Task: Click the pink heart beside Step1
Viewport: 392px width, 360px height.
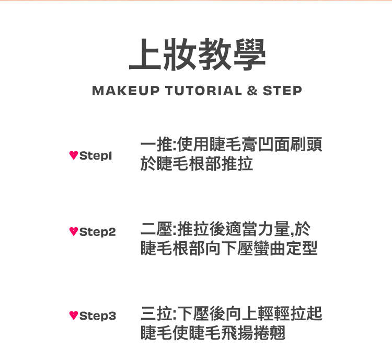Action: pos(74,155)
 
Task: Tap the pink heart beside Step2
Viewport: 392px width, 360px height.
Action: pos(74,232)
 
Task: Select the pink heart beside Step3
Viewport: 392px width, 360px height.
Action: pos(74,315)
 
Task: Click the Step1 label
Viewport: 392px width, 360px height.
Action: pos(96,156)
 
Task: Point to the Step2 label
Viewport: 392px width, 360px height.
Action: pos(98,232)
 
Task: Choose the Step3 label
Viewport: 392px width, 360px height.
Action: pos(98,316)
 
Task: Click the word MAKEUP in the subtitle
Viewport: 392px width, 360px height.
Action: pos(126,91)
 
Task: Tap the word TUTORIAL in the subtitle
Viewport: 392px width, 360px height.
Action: pos(203,91)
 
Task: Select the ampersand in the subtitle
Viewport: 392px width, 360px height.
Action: pos(252,91)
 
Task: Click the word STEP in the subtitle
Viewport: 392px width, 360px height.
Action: pos(282,91)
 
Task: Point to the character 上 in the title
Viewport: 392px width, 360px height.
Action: pos(145,54)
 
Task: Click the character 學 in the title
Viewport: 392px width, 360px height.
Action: pos(249,54)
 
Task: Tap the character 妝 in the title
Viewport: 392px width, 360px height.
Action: pos(180,54)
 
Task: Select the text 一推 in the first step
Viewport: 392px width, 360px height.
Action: pos(157,145)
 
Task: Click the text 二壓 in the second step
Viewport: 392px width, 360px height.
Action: pos(157,229)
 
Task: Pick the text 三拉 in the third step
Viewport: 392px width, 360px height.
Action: pos(157,313)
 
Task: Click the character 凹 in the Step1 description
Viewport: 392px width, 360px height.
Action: pos(266,145)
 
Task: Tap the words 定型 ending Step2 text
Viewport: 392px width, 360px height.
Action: pos(302,249)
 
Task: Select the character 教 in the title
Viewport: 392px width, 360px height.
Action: pos(214,54)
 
